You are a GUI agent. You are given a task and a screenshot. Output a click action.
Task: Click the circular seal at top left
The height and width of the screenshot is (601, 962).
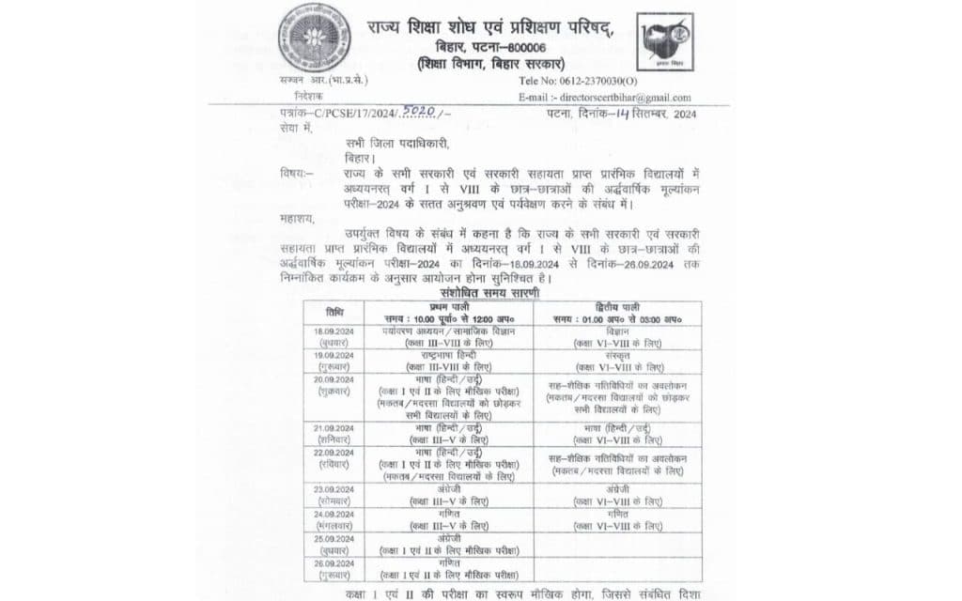coord(315,39)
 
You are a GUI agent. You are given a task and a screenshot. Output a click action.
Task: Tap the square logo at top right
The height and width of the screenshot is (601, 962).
coord(664,42)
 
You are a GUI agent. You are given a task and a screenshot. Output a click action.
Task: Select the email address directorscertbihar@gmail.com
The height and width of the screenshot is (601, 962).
coord(621,97)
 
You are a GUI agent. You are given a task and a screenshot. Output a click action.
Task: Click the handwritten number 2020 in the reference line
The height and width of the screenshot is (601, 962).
coord(417,112)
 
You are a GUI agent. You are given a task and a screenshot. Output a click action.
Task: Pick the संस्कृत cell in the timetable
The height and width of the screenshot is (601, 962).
coord(619,356)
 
